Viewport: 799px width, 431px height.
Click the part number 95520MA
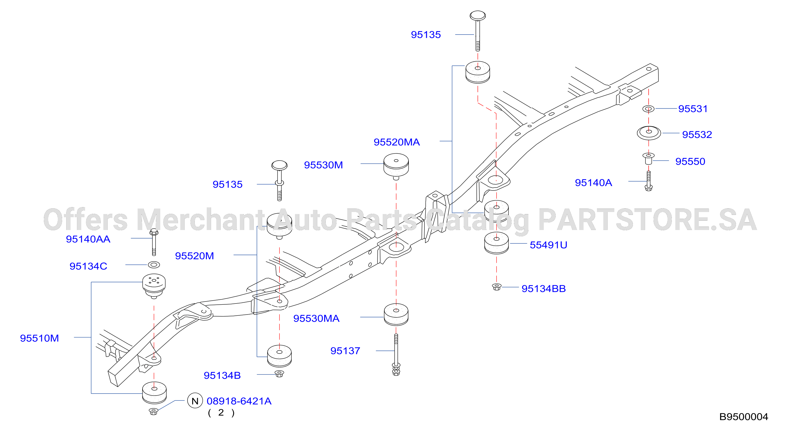point(396,142)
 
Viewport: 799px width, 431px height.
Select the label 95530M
point(323,165)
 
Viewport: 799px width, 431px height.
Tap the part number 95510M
point(39,338)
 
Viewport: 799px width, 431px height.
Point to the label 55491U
point(548,245)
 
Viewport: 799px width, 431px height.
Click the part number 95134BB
point(544,289)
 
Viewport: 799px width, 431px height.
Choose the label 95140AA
point(88,239)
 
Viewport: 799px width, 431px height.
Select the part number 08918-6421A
point(239,401)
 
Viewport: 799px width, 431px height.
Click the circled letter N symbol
point(195,401)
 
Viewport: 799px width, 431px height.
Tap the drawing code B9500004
point(744,417)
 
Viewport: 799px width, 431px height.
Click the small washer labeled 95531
point(648,109)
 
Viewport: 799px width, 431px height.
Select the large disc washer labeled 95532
point(649,133)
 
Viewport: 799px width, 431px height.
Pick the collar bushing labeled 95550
point(648,159)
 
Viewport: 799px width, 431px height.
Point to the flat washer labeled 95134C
point(154,265)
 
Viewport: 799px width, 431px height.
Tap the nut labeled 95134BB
point(496,287)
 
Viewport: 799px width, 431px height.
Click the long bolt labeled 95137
point(396,354)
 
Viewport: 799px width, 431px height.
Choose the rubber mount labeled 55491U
point(496,243)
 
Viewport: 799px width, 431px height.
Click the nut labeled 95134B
point(279,373)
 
